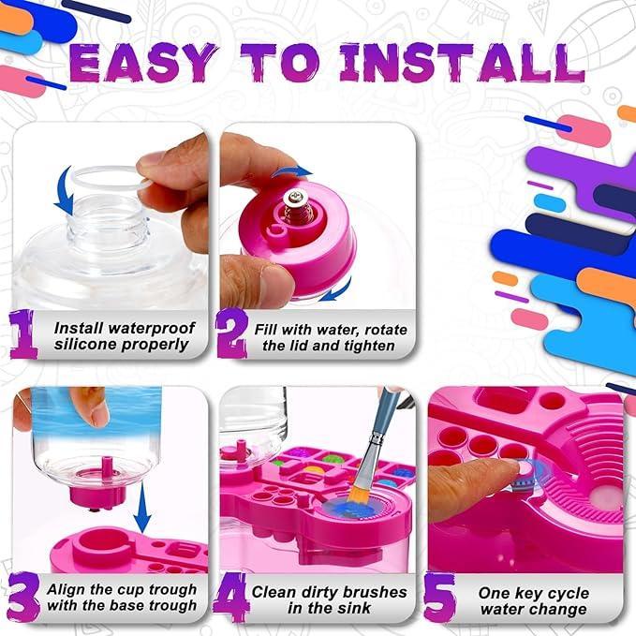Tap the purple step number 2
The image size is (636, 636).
click(231, 334)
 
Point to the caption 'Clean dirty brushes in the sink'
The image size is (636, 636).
click(329, 600)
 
